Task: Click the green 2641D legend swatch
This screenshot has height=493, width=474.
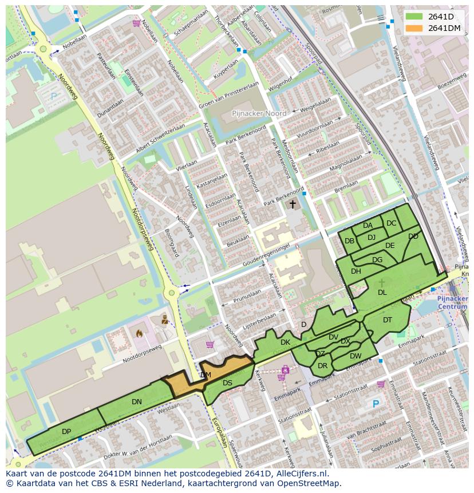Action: (x=415, y=17)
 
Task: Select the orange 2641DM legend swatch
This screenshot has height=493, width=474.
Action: (x=415, y=28)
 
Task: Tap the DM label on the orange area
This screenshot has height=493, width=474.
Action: (x=206, y=375)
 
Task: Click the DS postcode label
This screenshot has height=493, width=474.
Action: (x=227, y=383)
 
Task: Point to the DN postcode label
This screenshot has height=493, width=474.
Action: (x=136, y=402)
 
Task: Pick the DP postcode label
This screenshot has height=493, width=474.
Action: (x=66, y=432)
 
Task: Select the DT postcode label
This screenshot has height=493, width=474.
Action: (x=388, y=320)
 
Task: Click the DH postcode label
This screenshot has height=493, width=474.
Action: (x=356, y=271)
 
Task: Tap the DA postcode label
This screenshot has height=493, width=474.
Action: (x=368, y=226)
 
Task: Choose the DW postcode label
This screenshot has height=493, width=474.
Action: (x=355, y=356)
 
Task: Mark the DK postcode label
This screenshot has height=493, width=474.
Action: (x=285, y=342)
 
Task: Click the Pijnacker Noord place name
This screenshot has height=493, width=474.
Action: (x=259, y=114)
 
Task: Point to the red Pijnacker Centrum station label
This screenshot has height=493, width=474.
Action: (x=452, y=303)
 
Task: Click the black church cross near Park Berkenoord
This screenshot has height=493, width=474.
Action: (x=293, y=204)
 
